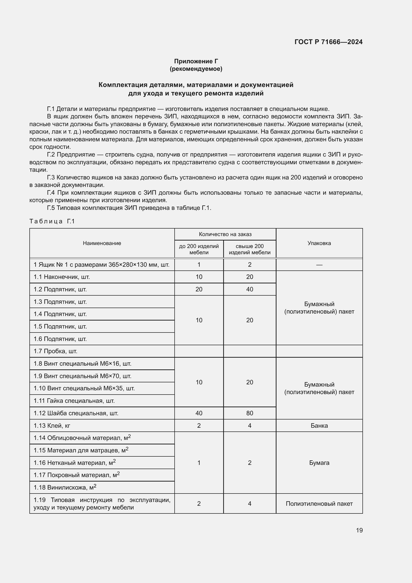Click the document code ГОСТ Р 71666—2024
(x=328, y=42)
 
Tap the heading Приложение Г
(x=196, y=61)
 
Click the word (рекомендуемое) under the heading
(x=196, y=69)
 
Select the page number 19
(x=359, y=530)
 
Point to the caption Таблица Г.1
(x=52, y=221)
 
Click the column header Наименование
(x=102, y=243)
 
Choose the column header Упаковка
(x=319, y=243)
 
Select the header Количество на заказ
(x=225, y=234)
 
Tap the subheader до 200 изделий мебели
(x=199, y=249)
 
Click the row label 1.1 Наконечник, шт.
(x=62, y=277)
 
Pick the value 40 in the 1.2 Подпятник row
(x=249, y=289)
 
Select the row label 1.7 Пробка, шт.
(x=55, y=351)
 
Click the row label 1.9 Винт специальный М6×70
(x=82, y=376)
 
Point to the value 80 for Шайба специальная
(x=249, y=413)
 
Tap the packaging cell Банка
(x=319, y=425)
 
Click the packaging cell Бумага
(x=319, y=463)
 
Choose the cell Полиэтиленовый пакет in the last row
(x=319, y=503)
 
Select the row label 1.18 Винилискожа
(x=65, y=488)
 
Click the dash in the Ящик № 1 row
(x=319, y=265)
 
